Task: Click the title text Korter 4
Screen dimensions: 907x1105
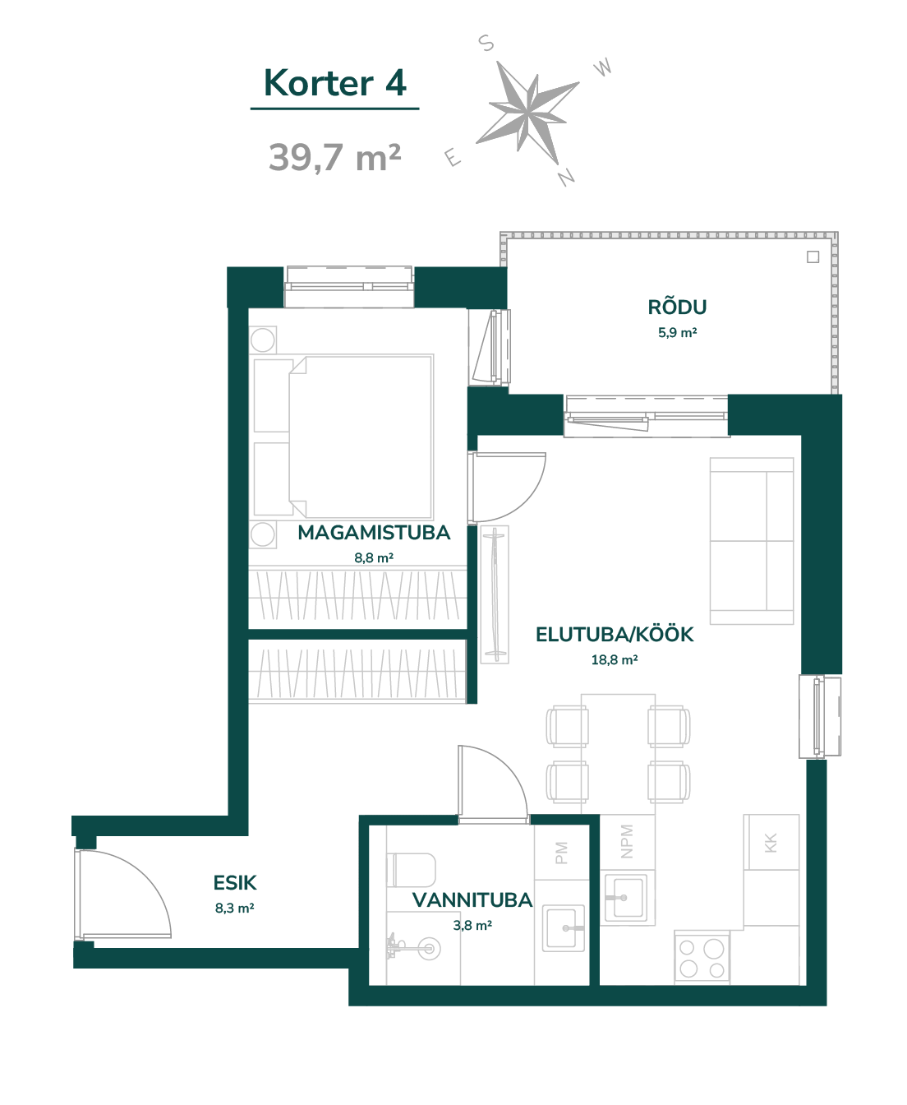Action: pos(334,83)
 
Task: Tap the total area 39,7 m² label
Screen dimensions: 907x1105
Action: pos(334,157)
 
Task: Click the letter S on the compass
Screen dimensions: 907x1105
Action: pos(486,43)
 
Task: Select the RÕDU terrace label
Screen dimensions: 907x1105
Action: pos(677,307)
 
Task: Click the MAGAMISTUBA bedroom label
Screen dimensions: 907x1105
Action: pos(374,532)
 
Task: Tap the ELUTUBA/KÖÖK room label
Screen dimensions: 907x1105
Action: pos(615,635)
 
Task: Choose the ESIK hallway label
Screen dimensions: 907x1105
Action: pos(235,883)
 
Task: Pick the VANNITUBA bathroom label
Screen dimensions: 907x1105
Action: pos(472,900)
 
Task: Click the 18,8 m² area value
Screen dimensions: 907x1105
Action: pos(615,659)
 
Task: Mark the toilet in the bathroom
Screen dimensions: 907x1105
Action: pos(411,870)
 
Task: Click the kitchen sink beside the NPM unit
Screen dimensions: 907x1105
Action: pos(627,898)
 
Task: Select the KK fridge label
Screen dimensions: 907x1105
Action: pos(771,843)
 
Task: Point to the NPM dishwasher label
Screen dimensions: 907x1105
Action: pos(626,841)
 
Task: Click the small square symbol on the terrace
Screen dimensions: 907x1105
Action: pos(813,257)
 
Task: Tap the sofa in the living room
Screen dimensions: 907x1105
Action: pos(752,541)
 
